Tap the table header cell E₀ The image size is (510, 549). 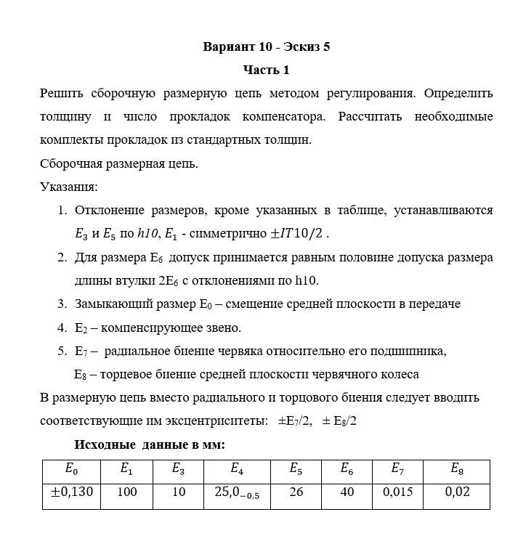pos(71,470)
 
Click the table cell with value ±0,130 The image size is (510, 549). pos(71,492)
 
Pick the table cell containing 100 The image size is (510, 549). pos(126,492)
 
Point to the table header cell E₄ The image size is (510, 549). pos(237,470)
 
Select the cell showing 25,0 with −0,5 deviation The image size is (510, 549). pos(237,493)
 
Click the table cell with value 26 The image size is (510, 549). pos(296,492)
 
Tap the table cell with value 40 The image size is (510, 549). pos(347,492)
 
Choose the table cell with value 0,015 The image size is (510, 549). pos(397,492)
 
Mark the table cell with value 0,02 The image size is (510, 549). pos(457,492)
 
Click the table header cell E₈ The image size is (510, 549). pos(457,470)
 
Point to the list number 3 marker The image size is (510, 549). pos(62,304)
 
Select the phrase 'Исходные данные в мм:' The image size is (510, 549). pos(150,444)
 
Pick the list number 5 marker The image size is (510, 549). pos(62,351)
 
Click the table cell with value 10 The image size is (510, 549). pos(179,492)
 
